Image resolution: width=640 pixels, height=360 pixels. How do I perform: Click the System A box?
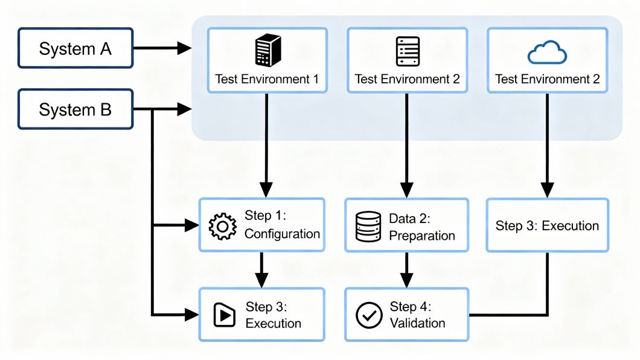pos(75,49)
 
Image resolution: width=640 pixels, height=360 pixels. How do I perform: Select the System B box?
pos(75,110)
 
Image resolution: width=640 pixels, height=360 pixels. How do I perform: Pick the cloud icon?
pos(547,54)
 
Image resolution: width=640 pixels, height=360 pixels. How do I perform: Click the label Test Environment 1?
pos(267,79)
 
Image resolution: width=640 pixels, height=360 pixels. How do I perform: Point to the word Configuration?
pos(282,234)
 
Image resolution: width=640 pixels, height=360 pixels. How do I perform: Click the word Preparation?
pos(422,235)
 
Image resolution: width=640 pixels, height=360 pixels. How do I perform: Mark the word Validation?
pos(418,323)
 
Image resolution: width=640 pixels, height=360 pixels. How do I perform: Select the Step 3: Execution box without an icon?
pos(547,225)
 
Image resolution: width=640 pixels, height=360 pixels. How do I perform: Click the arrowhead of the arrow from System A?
pos(184,49)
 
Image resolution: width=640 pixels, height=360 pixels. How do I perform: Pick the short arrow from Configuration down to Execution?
pos(261,269)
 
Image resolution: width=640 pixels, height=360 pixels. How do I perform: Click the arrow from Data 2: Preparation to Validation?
pos(406,269)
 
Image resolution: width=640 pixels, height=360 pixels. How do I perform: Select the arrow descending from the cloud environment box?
pos(547,145)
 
